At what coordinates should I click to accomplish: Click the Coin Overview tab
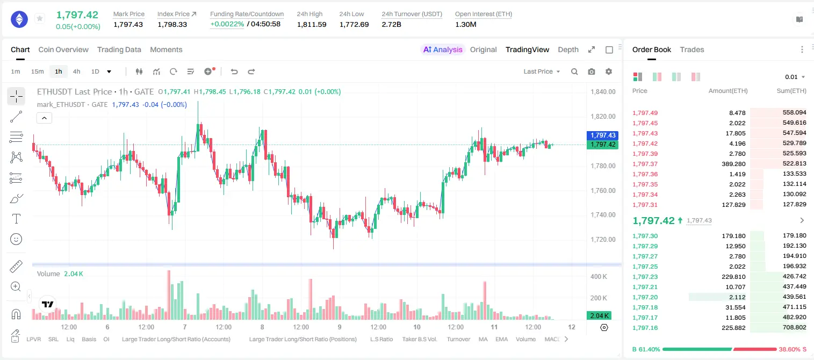[63, 49]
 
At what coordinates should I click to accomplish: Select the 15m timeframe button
[37, 71]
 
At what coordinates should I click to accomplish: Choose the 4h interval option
[76, 71]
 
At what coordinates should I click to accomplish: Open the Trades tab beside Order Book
[692, 49]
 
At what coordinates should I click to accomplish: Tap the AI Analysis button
[443, 49]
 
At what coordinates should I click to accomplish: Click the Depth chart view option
[568, 49]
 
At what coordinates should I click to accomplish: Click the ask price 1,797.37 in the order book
[645, 164]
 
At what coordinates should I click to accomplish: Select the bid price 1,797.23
[645, 277]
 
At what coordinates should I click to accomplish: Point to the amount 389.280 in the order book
[733, 164]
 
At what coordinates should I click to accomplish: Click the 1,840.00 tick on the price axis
[603, 91]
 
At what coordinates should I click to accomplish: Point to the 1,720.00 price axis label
[603, 240]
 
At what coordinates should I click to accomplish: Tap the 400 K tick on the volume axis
[599, 277]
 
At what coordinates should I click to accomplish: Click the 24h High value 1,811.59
[312, 24]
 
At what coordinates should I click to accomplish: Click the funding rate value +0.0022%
[227, 24]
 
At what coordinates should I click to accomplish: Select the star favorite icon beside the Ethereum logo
[40, 18]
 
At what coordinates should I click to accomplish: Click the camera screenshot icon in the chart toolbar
[591, 71]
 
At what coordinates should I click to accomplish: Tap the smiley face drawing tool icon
[16, 239]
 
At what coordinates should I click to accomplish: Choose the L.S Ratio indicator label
[381, 339]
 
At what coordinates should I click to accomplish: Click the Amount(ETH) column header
[728, 91]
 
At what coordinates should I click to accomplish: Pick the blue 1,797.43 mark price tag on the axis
[602, 135]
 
